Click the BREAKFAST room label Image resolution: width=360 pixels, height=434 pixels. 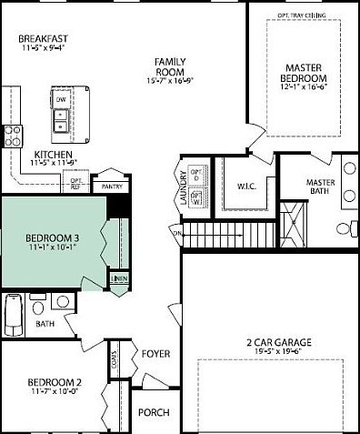(43, 38)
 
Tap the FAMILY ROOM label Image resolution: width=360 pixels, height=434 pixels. (170, 65)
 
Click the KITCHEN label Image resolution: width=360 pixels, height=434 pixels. (53, 155)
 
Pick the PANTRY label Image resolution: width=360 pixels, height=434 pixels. (112, 187)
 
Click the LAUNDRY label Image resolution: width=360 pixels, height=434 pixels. (184, 187)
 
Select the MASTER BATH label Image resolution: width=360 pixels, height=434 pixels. (321, 187)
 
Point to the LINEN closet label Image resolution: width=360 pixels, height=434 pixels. (118, 278)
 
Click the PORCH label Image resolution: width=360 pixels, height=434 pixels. (154, 412)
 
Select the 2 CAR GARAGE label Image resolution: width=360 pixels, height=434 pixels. (273, 343)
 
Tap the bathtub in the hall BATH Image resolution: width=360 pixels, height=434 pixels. (12, 312)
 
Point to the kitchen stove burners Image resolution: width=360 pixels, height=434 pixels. (14, 136)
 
